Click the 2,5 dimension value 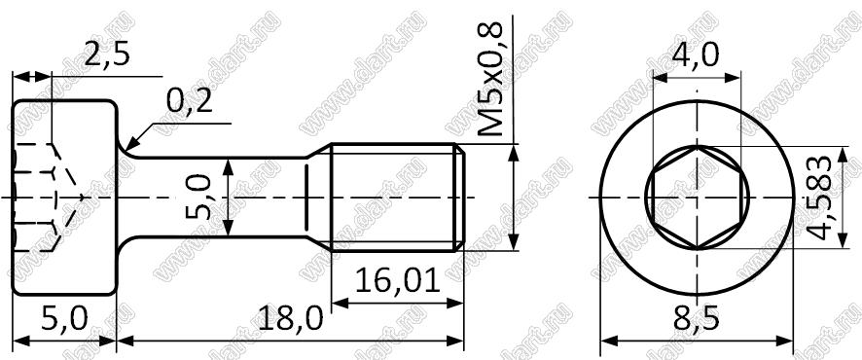click(x=107, y=54)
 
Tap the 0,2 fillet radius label click(x=189, y=101)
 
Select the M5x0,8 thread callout click(x=490, y=79)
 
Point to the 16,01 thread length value click(x=398, y=281)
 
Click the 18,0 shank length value click(x=290, y=319)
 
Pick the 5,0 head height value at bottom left click(x=64, y=319)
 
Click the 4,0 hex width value click(x=696, y=54)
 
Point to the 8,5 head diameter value click(x=697, y=319)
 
